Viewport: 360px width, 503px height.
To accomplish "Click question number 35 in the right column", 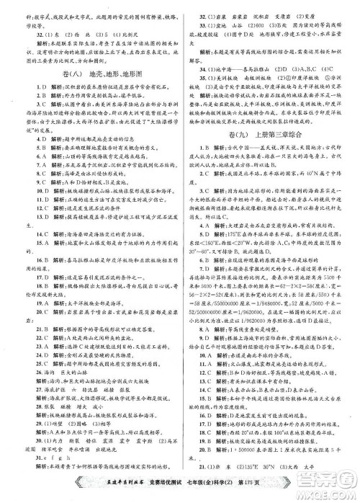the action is [194, 97].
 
